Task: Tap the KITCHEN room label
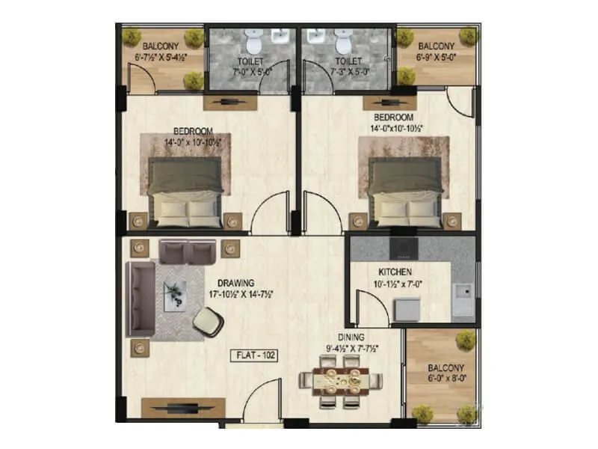pyautogui.click(x=395, y=272)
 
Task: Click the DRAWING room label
pyautogui.click(x=236, y=282)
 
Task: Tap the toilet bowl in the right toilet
pyautogui.click(x=342, y=37)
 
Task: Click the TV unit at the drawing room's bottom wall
pyautogui.click(x=175, y=408)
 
